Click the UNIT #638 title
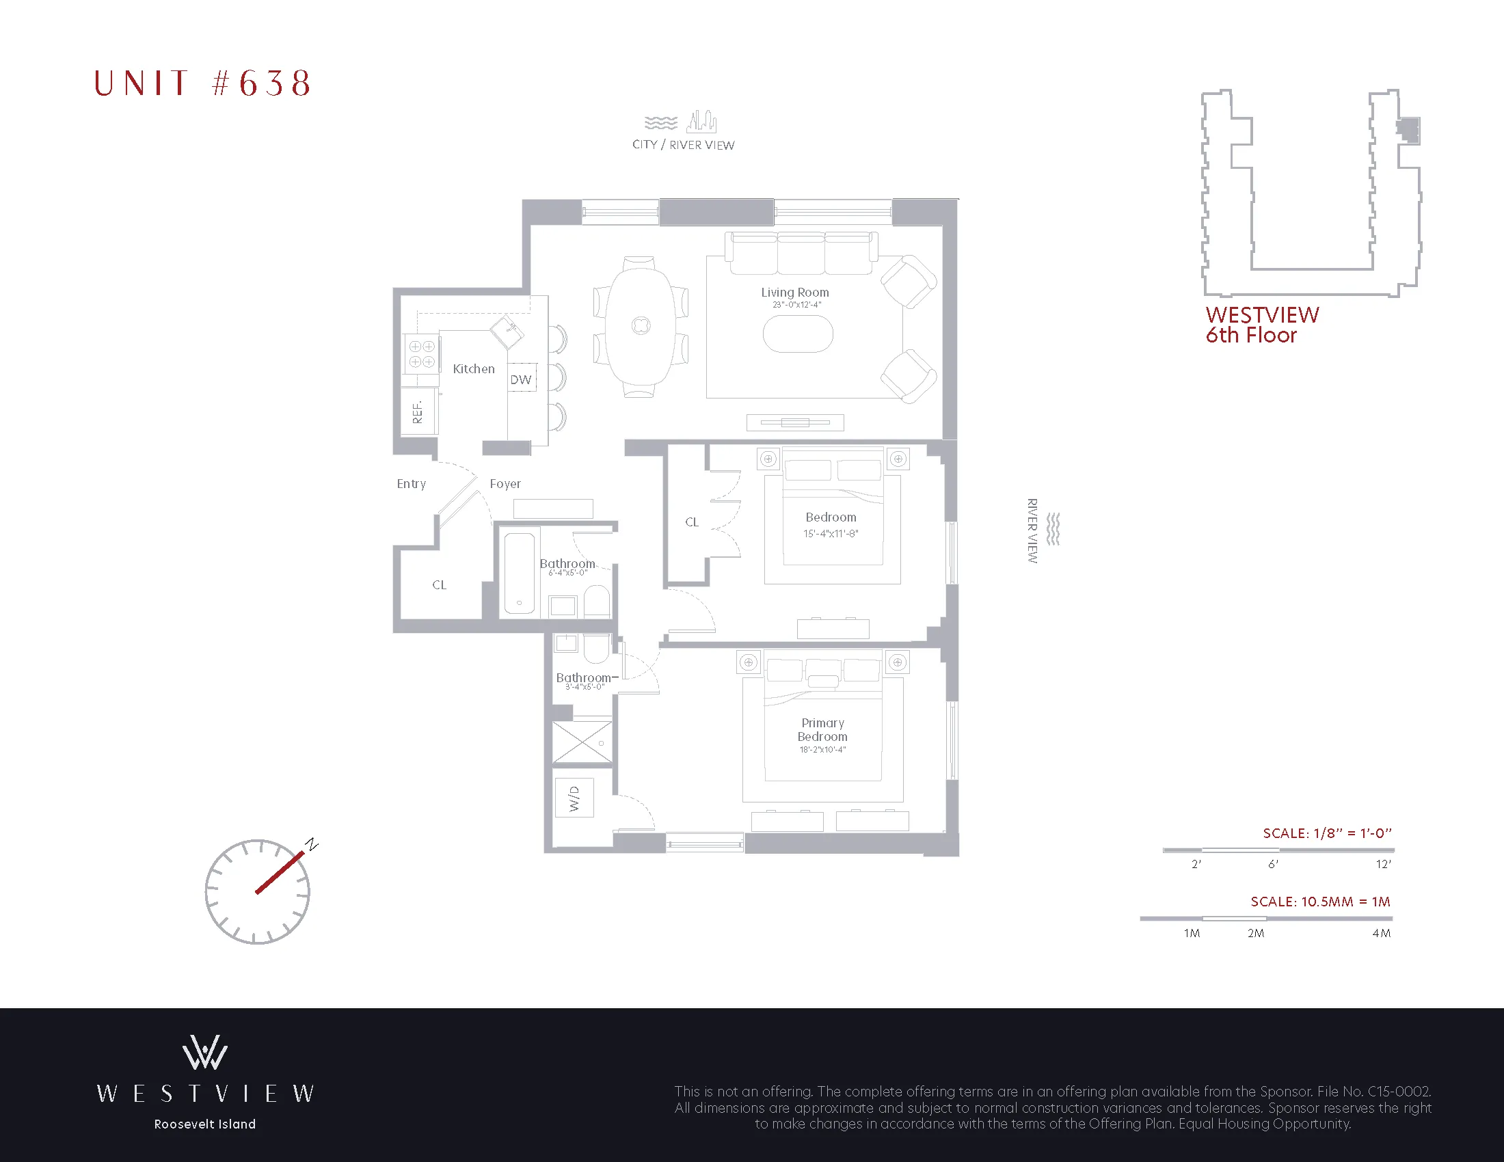(202, 83)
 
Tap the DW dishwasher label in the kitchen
(522, 379)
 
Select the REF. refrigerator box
(417, 411)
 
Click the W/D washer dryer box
(574, 798)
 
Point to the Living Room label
(794, 293)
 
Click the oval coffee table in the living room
(797, 334)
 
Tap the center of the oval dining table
(641, 325)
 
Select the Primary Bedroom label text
(822, 730)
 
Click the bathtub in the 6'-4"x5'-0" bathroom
(520, 573)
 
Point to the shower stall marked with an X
(582, 742)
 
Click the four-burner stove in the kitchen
(421, 354)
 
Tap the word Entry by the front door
(411, 484)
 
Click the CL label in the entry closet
(440, 585)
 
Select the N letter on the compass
(312, 844)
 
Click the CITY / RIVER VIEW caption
(683, 144)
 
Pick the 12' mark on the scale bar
(1383, 865)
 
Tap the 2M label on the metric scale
(1255, 934)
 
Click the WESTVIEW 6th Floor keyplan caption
(1261, 325)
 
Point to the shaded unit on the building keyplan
(1409, 129)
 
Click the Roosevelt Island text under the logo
(204, 1124)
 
